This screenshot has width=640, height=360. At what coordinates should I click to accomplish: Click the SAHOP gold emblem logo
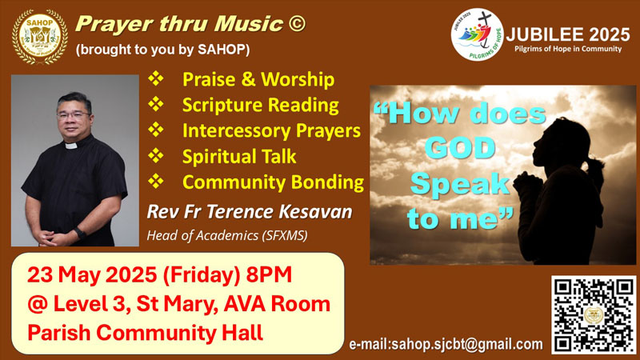(39, 37)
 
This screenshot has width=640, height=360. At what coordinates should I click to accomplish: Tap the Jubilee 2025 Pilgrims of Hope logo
(477, 34)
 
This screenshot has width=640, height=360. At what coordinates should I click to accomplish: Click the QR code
(594, 314)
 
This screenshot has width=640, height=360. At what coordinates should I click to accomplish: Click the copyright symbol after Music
(297, 23)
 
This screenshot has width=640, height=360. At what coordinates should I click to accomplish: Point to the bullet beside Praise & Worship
(155, 78)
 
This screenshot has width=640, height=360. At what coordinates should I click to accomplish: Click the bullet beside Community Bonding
(155, 181)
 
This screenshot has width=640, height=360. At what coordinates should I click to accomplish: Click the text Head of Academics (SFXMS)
(227, 235)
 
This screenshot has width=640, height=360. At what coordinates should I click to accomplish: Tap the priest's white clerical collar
(71, 146)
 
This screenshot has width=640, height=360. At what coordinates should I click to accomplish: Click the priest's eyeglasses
(73, 115)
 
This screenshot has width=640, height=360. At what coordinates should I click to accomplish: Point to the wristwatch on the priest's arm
(80, 234)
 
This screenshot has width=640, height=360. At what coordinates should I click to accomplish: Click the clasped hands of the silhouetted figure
(527, 185)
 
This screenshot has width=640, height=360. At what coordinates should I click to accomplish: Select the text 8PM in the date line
(269, 274)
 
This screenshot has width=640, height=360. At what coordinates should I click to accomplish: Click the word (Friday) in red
(202, 275)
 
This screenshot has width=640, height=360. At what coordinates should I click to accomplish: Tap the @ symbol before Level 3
(38, 305)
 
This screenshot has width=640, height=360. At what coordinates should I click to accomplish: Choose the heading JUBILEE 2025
(568, 34)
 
